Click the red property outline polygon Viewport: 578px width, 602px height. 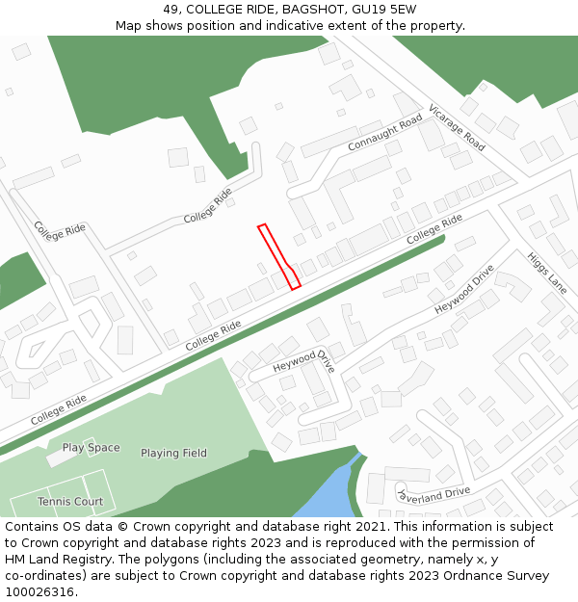[277, 255]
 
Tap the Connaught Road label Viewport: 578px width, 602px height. [385, 138]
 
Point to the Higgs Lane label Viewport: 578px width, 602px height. [546, 273]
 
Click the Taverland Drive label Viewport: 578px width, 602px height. [433, 492]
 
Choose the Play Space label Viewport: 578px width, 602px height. [92, 448]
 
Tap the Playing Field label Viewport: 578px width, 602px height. [173, 453]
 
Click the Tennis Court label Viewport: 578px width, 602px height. [70, 502]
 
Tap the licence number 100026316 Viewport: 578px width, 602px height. [38, 592]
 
